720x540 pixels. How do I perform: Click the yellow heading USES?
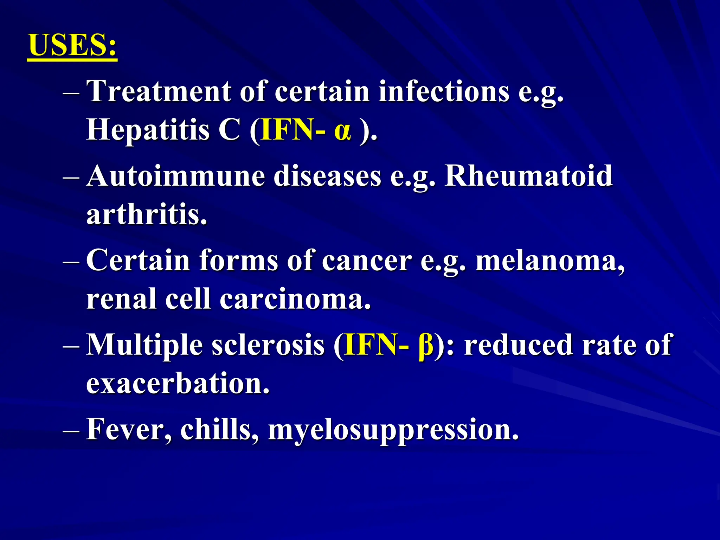point(72,45)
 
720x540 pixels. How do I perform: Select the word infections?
point(444,91)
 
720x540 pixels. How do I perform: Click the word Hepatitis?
point(148,130)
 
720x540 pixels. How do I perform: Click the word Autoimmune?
point(175,176)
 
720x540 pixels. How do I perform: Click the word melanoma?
point(550,261)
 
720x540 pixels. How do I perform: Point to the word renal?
point(121,299)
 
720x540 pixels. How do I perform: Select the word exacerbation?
point(178,384)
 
